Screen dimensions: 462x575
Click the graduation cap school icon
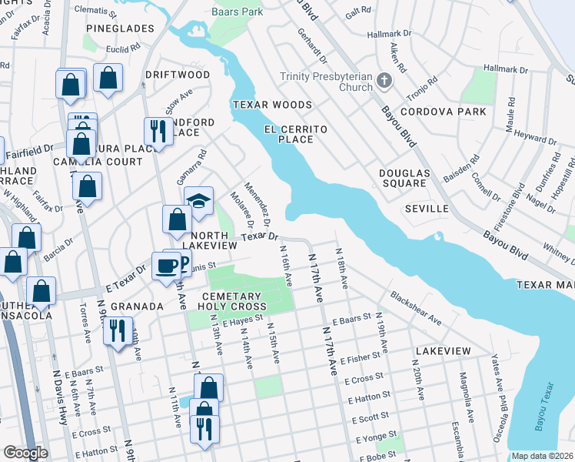198,202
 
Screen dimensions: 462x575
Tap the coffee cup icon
166,266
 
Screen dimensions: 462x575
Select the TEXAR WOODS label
273,105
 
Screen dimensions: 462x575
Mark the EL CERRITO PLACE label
290,134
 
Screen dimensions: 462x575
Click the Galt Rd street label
358,13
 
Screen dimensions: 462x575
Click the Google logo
25,453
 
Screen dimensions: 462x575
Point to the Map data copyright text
542,456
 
